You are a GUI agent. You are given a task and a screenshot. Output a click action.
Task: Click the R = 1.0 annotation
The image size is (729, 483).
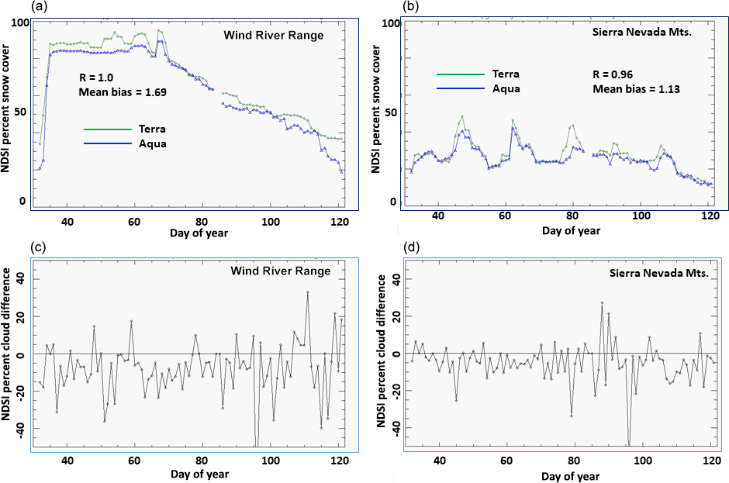tap(98, 78)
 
